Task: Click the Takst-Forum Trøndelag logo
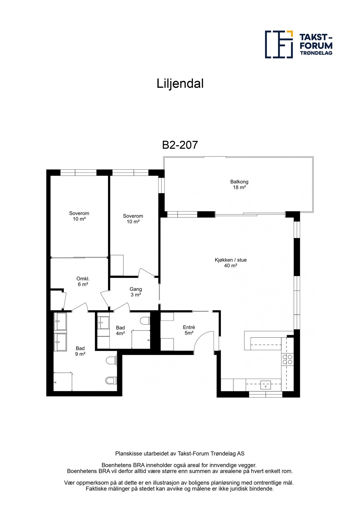(x=299, y=44)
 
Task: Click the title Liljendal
(x=180, y=84)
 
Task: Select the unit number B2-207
(x=180, y=145)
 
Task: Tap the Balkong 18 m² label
(x=239, y=185)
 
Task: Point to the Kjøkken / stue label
(x=231, y=260)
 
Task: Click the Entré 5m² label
(x=189, y=330)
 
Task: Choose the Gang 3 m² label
(x=136, y=292)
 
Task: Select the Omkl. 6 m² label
(x=83, y=281)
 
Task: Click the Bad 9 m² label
(x=80, y=351)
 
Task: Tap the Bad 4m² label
(x=120, y=330)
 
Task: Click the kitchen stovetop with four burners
(x=288, y=359)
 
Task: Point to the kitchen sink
(x=266, y=385)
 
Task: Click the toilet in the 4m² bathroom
(x=145, y=321)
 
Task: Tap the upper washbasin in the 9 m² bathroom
(x=60, y=321)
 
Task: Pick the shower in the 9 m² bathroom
(x=63, y=382)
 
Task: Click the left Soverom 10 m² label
(x=79, y=216)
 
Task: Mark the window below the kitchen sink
(x=266, y=394)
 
